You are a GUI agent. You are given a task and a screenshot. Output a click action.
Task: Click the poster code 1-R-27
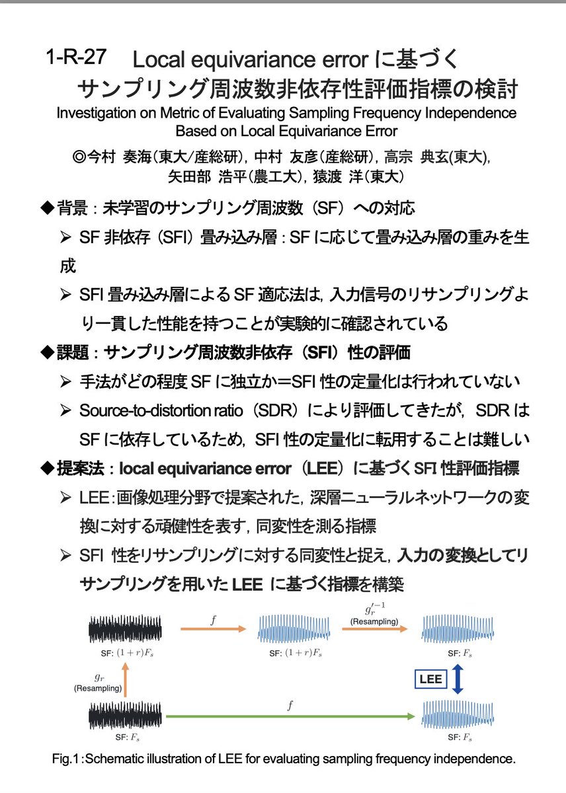pyautogui.click(x=76, y=57)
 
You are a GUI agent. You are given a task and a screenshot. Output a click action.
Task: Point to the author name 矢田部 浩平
pyautogui.click(x=202, y=177)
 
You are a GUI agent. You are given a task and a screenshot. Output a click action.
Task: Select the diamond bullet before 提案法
pyautogui.click(x=46, y=468)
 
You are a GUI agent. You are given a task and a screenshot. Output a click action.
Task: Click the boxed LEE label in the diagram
pyautogui.click(x=428, y=678)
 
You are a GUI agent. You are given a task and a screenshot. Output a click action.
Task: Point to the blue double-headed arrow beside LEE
pyautogui.click(x=458, y=679)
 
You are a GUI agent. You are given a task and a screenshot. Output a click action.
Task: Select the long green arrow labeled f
pyautogui.click(x=290, y=716)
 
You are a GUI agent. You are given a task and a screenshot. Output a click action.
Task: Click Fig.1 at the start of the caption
pyautogui.click(x=66, y=759)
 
